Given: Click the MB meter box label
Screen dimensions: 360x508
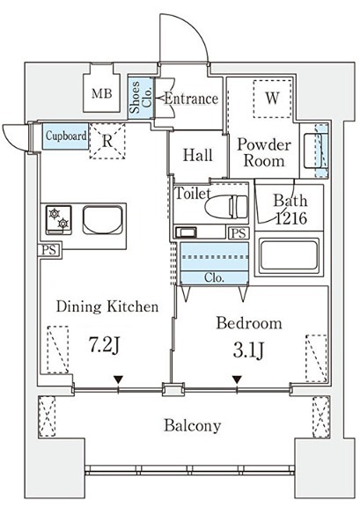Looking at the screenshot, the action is pyautogui.click(x=102, y=93).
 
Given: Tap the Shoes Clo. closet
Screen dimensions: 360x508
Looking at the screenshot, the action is pyautogui.click(x=140, y=98).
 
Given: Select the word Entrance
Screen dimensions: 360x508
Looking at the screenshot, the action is pyautogui.click(x=191, y=99).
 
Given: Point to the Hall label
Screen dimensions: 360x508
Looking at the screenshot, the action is pyautogui.click(x=198, y=155).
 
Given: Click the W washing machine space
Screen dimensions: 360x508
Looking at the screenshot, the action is pyautogui.click(x=272, y=98).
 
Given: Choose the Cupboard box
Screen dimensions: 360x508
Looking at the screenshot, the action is pyautogui.click(x=65, y=136).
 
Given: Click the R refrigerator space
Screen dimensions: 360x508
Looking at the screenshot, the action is pyautogui.click(x=107, y=141).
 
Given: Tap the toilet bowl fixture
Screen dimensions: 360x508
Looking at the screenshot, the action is pyautogui.click(x=226, y=206).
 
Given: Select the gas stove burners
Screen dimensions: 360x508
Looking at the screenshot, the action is pyautogui.click(x=59, y=219).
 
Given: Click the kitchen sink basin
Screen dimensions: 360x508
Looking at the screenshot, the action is pyautogui.click(x=103, y=219).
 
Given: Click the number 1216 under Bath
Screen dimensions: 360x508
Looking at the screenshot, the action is pyautogui.click(x=291, y=218).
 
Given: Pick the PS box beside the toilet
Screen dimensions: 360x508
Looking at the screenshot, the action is pyautogui.click(x=239, y=233).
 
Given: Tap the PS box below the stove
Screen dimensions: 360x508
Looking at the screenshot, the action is pyautogui.click(x=49, y=250).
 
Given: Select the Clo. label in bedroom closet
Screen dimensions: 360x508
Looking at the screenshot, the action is pyautogui.click(x=214, y=277).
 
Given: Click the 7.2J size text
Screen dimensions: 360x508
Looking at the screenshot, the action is pyautogui.click(x=105, y=345).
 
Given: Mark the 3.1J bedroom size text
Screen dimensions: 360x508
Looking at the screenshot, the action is pyautogui.click(x=248, y=350).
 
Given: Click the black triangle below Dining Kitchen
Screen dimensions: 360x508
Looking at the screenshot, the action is pyautogui.click(x=118, y=379).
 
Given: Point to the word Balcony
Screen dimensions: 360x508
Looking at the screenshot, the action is pyautogui.click(x=193, y=426).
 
